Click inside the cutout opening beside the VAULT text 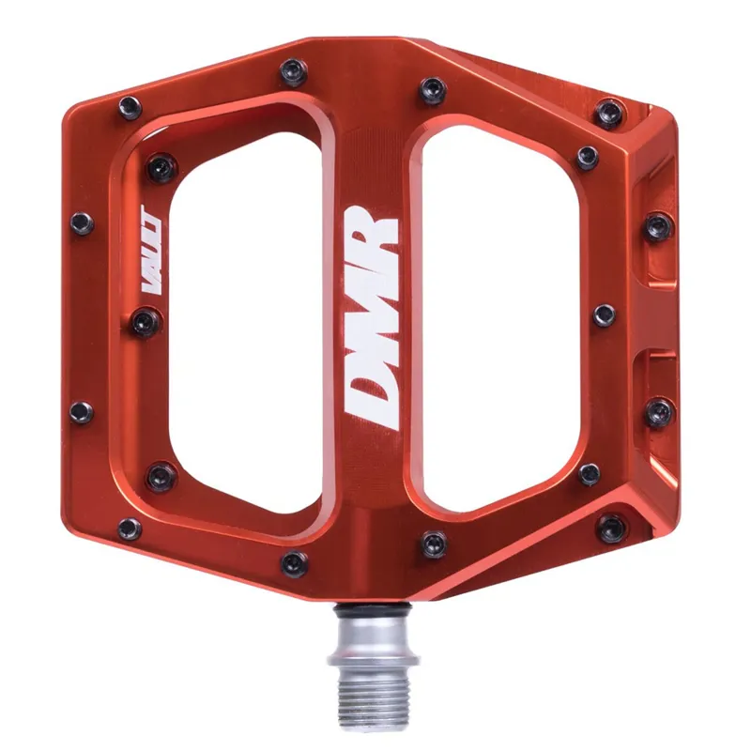point(244,319)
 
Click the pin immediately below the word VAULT point(144,322)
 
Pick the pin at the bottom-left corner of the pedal point(130,529)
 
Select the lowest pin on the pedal point(294,563)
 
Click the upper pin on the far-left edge point(83,223)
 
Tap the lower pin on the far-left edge point(83,411)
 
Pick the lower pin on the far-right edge point(659,410)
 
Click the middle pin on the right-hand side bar point(605,314)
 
